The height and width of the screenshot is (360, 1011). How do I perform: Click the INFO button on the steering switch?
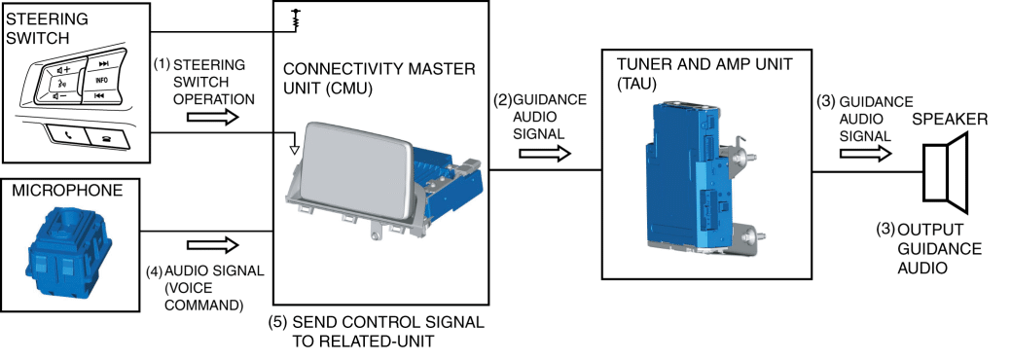click(x=100, y=81)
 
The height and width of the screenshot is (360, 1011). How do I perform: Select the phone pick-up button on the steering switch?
click(x=68, y=136)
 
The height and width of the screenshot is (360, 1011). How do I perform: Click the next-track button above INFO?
click(x=102, y=64)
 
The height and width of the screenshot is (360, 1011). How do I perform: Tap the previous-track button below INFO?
click(x=99, y=96)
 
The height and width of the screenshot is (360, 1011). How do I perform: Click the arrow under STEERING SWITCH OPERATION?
click(x=212, y=117)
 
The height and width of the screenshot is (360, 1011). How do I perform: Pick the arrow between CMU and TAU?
click(x=545, y=153)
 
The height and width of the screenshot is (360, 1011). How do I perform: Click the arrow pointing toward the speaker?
click(x=866, y=154)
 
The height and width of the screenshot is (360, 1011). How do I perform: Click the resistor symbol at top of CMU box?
click(x=297, y=18)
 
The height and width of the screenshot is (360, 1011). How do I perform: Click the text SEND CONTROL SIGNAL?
click(x=388, y=323)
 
